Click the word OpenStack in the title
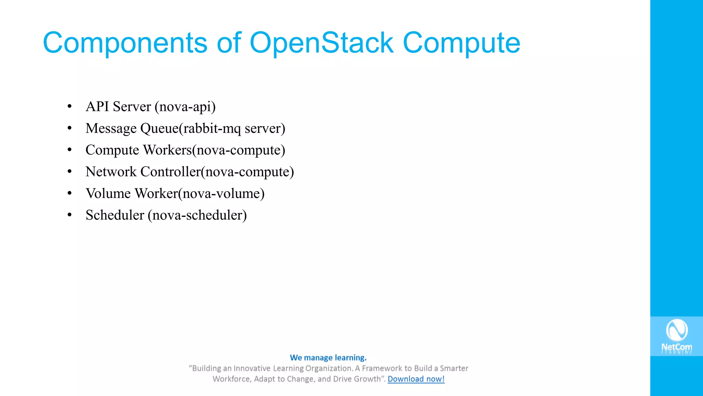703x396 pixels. (x=321, y=43)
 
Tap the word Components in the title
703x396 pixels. (x=125, y=43)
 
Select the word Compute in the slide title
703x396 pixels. (x=461, y=43)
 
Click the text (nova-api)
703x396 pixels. (x=185, y=107)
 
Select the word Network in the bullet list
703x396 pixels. (x=111, y=172)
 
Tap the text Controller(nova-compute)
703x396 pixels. (x=217, y=172)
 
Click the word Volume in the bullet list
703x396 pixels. (x=108, y=193)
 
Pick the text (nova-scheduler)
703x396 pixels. (x=197, y=215)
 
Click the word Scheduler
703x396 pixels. (x=115, y=215)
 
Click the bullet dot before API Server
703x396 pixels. (x=70, y=107)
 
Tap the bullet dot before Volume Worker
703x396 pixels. (x=70, y=193)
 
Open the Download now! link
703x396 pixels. (x=416, y=379)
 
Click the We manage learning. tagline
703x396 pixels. (x=328, y=357)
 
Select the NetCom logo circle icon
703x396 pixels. (x=677, y=330)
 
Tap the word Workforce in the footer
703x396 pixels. (x=231, y=379)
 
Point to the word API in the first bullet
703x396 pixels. (x=97, y=107)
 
